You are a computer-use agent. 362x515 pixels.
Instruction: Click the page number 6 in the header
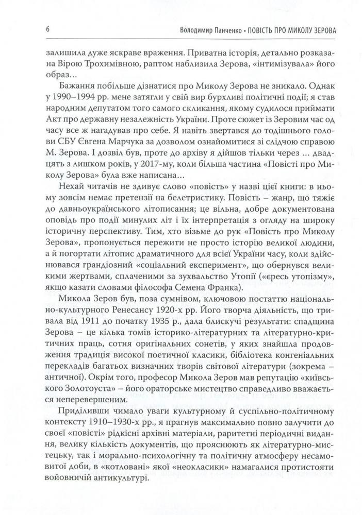47,29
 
